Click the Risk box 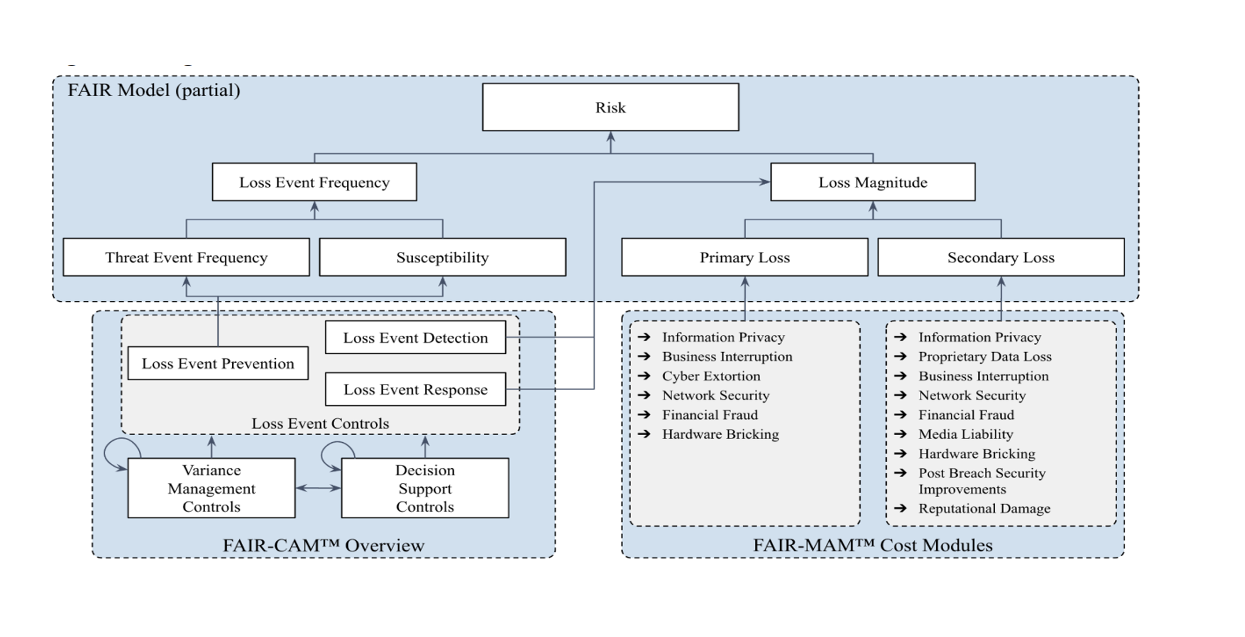click(x=610, y=107)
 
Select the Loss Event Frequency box click(x=314, y=182)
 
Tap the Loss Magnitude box click(x=872, y=182)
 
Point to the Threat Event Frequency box click(x=186, y=257)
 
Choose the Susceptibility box click(x=442, y=257)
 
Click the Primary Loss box click(x=744, y=257)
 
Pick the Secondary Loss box click(x=1000, y=257)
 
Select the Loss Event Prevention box click(x=218, y=363)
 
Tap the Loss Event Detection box click(x=415, y=337)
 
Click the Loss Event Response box click(x=415, y=389)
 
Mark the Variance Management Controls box click(x=211, y=488)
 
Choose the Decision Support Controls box click(x=424, y=488)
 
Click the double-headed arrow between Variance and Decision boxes click(x=318, y=488)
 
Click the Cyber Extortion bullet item click(x=710, y=376)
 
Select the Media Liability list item click(x=965, y=434)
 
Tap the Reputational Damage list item click(x=983, y=508)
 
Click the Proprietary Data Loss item click(x=984, y=356)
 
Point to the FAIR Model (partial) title click(x=154, y=90)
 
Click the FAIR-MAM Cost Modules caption click(x=872, y=545)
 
